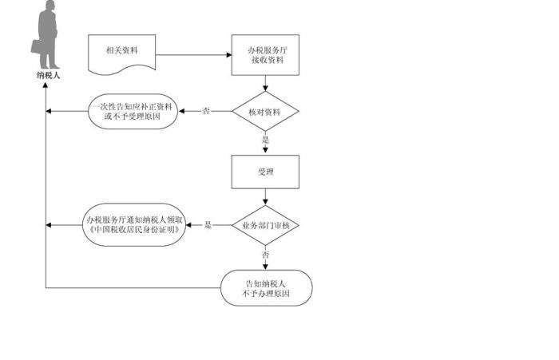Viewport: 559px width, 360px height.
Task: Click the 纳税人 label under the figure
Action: point(48,75)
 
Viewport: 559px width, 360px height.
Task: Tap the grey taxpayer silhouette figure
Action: point(48,36)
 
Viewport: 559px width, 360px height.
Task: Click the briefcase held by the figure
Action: point(38,45)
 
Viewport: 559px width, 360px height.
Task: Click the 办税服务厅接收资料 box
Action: point(265,55)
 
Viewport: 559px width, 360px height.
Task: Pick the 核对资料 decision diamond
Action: point(265,111)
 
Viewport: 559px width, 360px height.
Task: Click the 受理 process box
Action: point(265,170)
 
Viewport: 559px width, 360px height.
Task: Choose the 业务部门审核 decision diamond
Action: point(265,226)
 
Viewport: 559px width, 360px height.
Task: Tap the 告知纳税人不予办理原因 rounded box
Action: point(265,288)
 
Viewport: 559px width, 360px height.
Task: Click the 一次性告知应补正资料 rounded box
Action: point(133,111)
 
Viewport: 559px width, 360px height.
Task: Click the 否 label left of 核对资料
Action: point(207,111)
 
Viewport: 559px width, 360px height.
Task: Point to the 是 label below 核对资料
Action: point(265,140)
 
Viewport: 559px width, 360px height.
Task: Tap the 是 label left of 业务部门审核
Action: point(208,226)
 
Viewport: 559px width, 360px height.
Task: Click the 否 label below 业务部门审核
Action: point(265,255)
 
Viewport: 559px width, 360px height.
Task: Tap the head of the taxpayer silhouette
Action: point(50,7)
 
